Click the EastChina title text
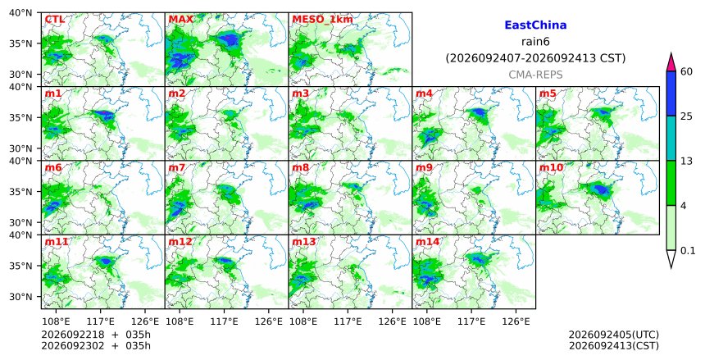535,25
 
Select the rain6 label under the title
535,42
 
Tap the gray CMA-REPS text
535,75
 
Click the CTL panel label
54,20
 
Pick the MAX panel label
180,20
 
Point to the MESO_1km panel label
322,20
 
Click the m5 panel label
547,93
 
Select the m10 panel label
551,168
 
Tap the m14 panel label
427,242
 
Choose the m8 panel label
300,168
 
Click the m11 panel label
57,242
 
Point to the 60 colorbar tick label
687,71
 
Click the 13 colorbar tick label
686,161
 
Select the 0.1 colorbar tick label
688,251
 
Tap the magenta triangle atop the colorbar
671,62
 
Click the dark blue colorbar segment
671,93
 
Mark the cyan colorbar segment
671,138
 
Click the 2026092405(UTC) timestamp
614,335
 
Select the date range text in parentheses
535,58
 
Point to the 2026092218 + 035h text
96,335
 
